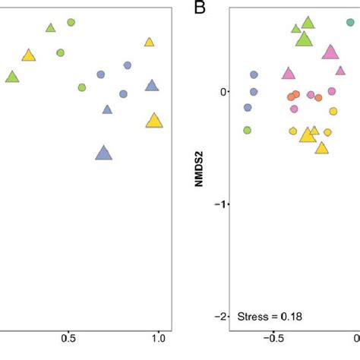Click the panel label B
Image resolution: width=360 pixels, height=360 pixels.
click(x=200, y=8)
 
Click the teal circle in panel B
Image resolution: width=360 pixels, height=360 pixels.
click(x=350, y=23)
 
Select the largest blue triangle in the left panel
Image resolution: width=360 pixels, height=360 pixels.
click(x=104, y=153)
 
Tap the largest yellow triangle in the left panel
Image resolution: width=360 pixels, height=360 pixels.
click(x=154, y=120)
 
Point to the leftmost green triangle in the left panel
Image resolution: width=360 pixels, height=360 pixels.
click(x=12, y=77)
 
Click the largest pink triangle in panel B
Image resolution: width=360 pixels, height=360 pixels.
click(x=330, y=52)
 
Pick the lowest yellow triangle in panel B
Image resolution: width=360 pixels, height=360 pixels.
click(x=321, y=147)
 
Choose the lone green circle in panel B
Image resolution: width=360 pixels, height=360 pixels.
click(x=247, y=130)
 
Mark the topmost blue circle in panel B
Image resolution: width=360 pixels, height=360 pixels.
click(x=254, y=74)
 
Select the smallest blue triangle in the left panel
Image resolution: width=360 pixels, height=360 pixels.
click(x=107, y=109)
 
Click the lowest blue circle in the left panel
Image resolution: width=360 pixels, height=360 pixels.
click(x=123, y=93)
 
